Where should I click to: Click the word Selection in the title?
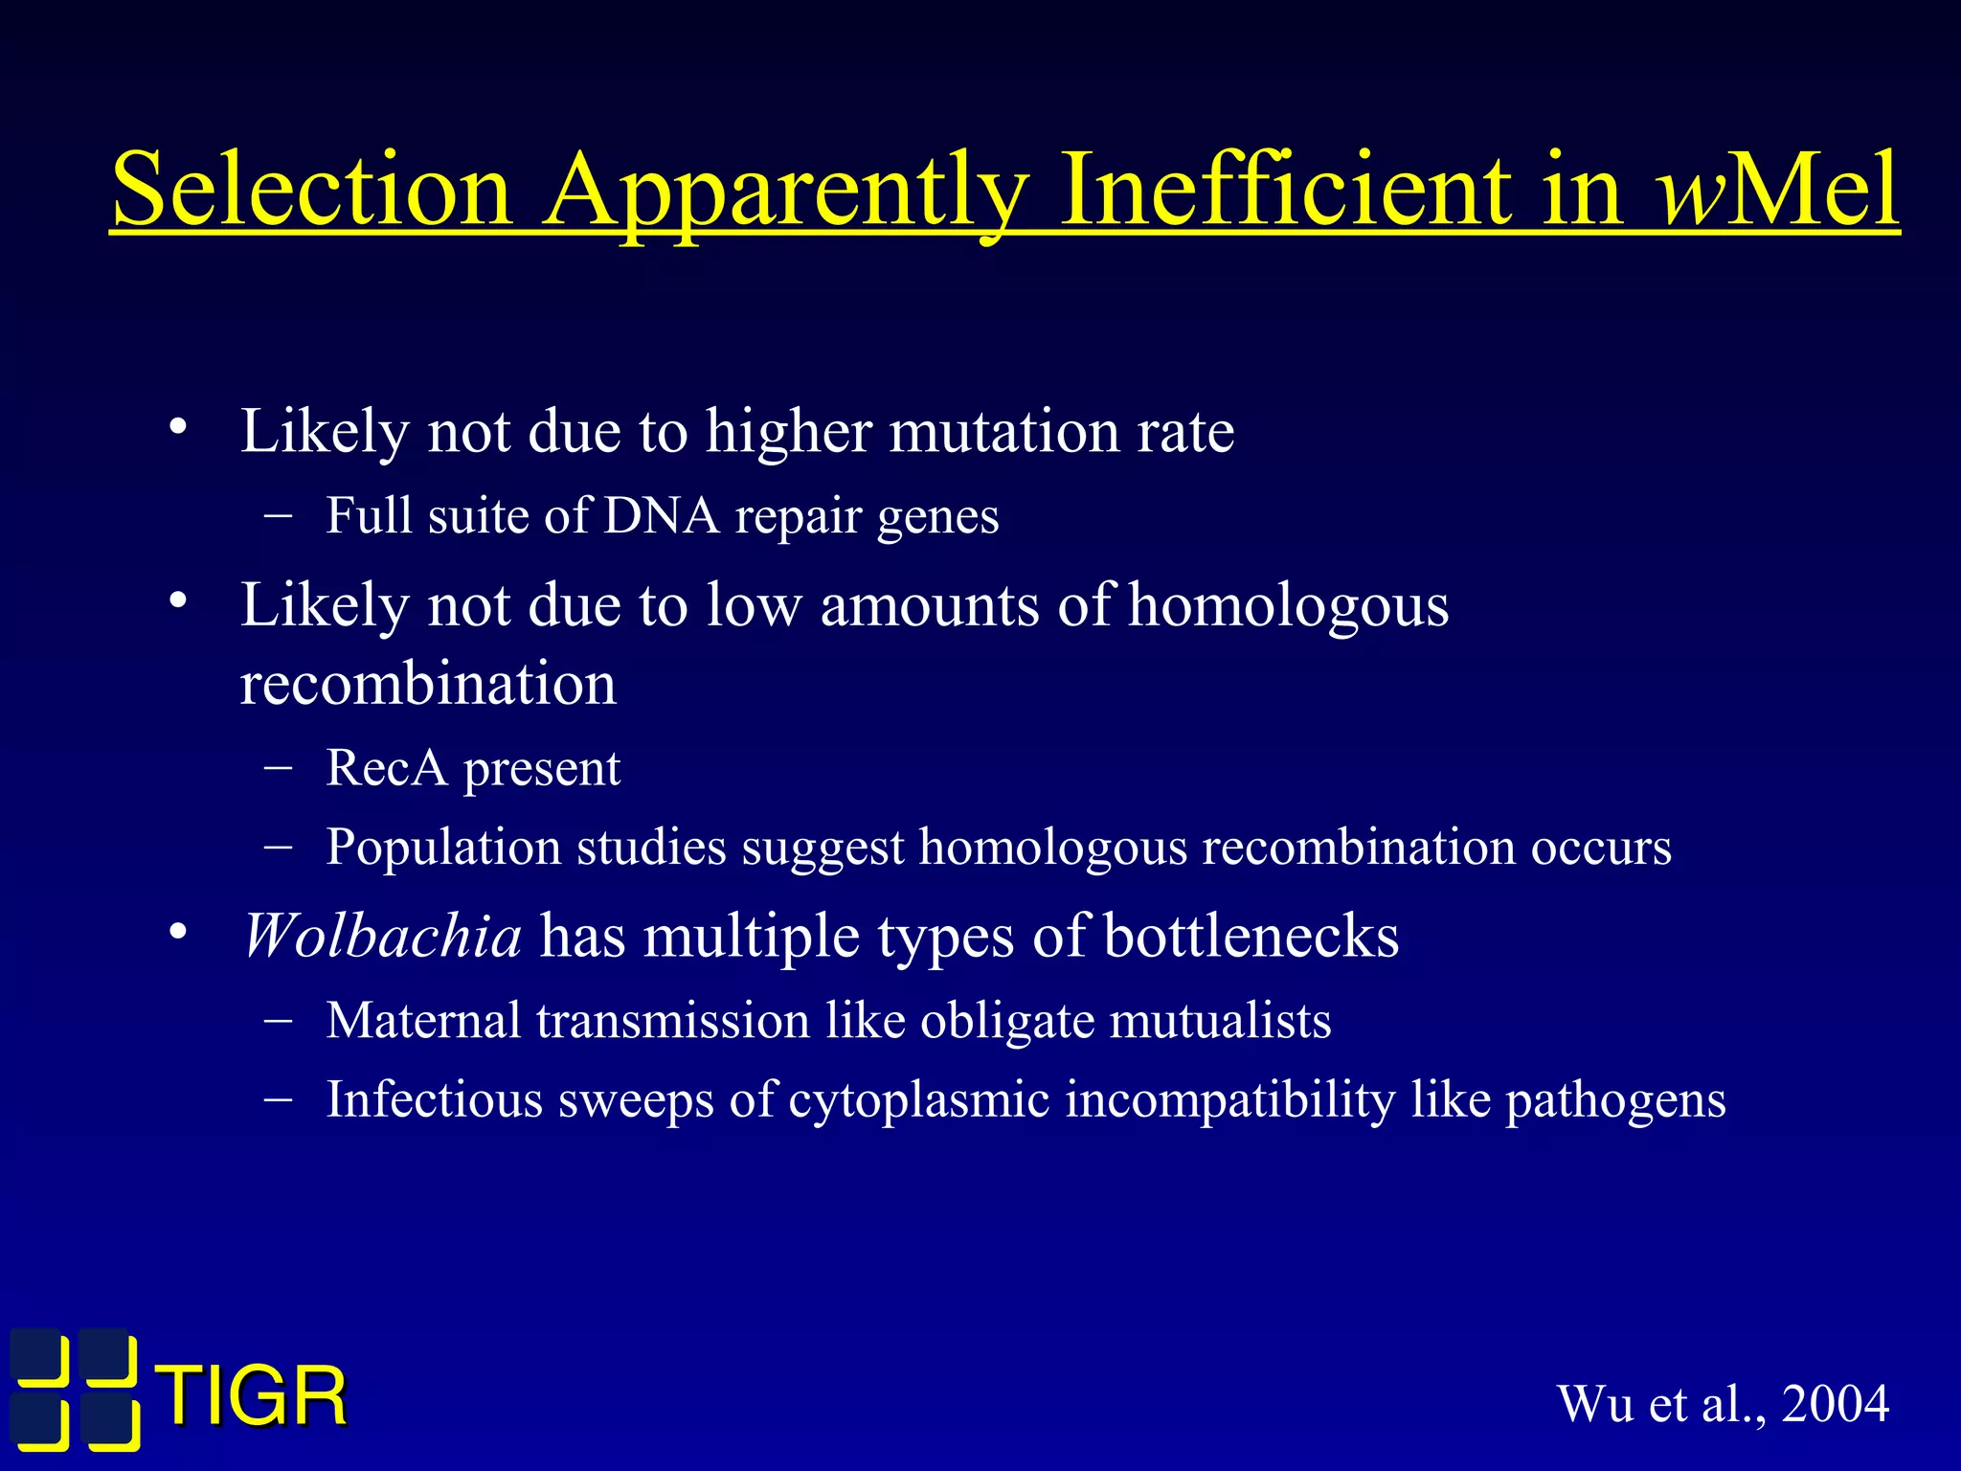coord(312,190)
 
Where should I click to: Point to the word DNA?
coord(661,516)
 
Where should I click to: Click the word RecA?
coord(386,768)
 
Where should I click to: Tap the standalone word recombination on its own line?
coord(428,684)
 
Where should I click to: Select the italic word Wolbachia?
coord(382,936)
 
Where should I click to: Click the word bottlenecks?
coord(1251,936)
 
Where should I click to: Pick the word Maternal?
coord(422,1021)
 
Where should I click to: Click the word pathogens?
coord(1615,1099)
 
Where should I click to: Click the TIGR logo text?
coord(253,1397)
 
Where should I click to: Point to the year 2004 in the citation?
coord(1835,1404)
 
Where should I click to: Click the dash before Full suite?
coord(278,515)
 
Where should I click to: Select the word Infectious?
coord(434,1099)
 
